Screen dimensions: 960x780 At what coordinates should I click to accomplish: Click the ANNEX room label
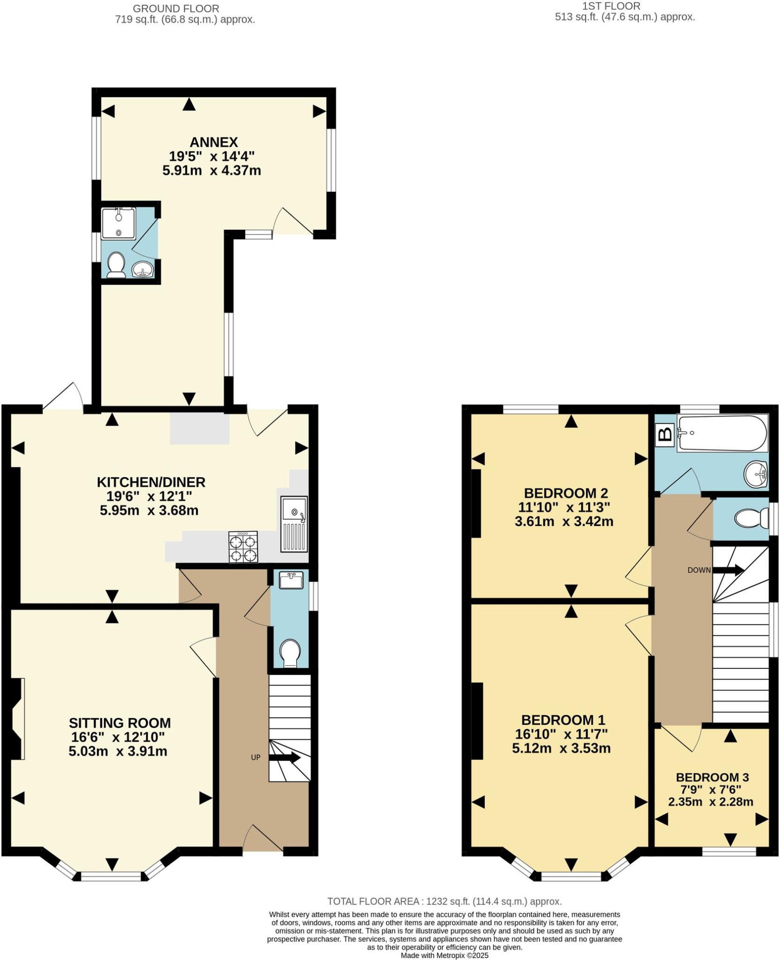(214, 142)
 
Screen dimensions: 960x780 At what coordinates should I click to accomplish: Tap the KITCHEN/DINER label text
(151, 482)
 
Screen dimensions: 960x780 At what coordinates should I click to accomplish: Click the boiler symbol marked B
(665, 434)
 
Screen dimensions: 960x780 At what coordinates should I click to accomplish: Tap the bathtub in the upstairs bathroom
(722, 434)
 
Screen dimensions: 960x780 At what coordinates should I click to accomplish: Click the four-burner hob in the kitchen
(243, 547)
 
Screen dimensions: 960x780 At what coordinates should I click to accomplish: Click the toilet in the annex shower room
(115, 265)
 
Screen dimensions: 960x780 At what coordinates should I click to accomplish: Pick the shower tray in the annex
(118, 224)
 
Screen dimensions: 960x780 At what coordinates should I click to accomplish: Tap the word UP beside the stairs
(255, 757)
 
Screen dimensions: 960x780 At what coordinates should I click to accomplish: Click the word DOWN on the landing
(699, 570)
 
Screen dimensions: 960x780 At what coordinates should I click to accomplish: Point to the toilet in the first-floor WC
(751, 518)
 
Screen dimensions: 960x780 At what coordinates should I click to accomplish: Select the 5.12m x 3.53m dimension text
(561, 748)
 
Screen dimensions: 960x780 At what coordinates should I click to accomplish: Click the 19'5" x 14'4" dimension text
(211, 156)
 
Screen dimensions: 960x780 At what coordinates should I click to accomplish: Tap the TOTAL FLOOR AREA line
(444, 901)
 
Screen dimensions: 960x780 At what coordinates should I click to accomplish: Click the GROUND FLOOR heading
(176, 8)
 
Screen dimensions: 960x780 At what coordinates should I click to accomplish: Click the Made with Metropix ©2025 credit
(444, 955)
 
